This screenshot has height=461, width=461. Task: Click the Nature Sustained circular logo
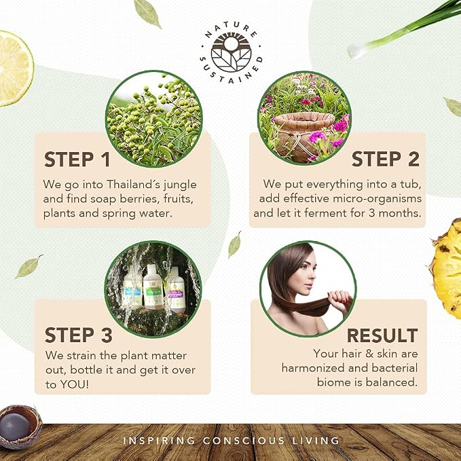231,53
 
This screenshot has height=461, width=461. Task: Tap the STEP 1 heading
77,160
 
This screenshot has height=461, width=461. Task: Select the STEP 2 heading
386,159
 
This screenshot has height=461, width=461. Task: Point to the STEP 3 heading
79,335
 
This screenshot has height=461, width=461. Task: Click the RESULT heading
382,335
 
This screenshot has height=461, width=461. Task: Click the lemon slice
15,68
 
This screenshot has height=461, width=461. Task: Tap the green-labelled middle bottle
153,287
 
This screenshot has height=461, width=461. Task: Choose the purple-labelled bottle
176,291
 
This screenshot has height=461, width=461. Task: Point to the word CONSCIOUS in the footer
244,441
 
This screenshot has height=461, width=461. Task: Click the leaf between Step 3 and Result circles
234,244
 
